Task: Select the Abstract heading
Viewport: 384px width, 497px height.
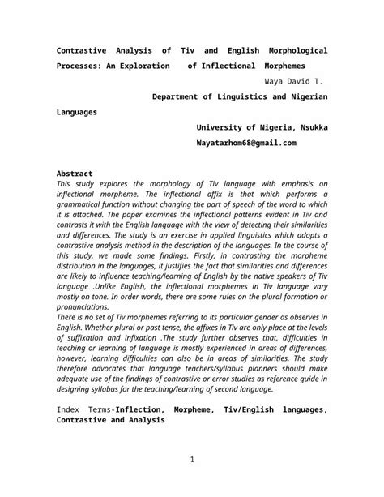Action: tap(75, 174)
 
